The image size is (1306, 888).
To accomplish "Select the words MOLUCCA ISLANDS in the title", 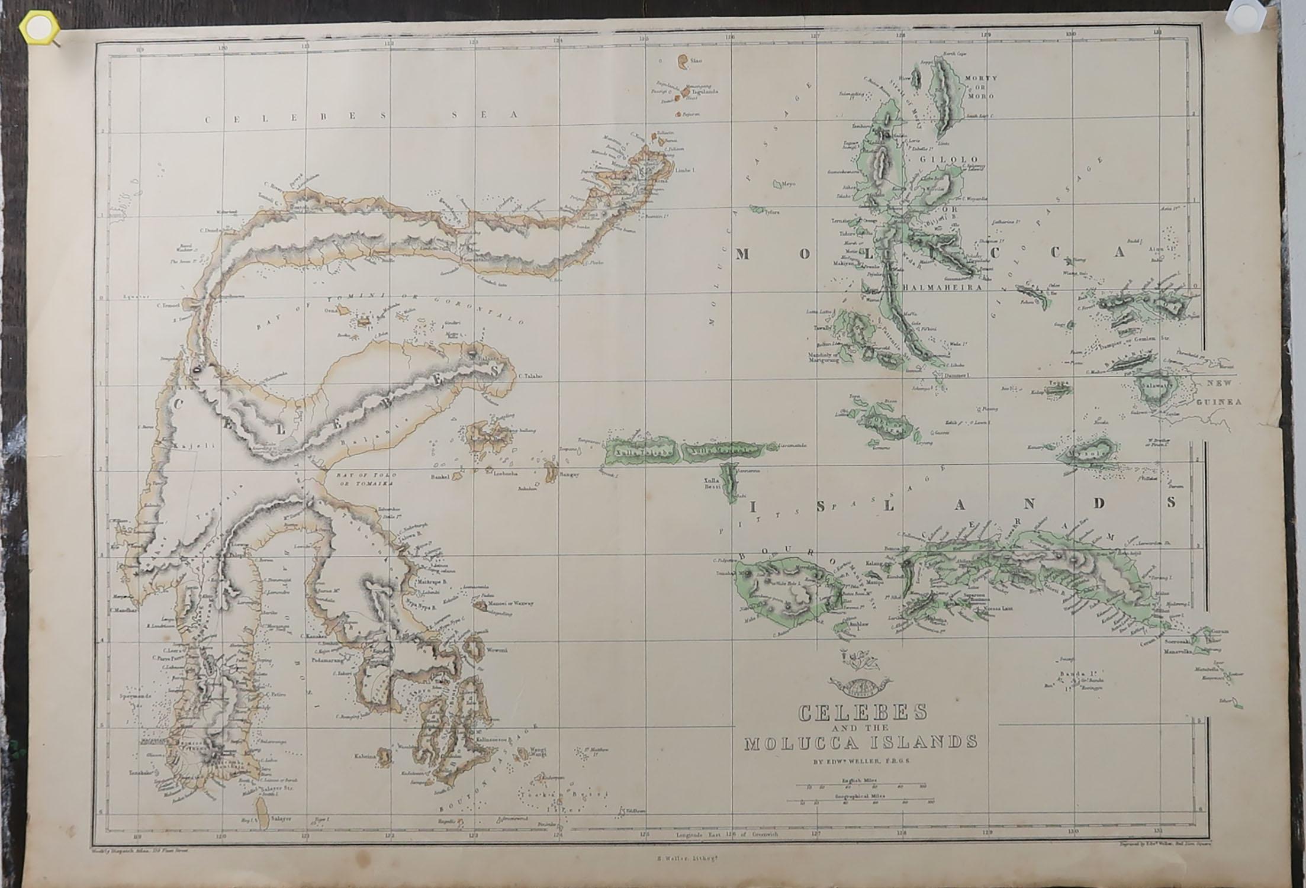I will pyautogui.click(x=861, y=742).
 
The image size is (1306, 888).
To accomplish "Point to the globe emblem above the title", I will pyautogui.click(x=858, y=687).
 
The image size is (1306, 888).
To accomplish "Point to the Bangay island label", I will pyautogui.click(x=568, y=474).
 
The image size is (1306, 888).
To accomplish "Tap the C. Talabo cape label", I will pyautogui.click(x=530, y=375).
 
